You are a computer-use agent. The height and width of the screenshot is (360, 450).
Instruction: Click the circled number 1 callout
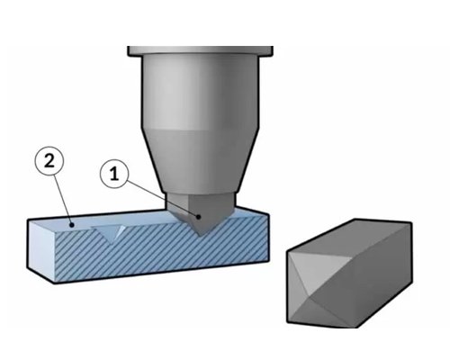114,174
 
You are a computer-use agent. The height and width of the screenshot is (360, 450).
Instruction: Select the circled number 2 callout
49,161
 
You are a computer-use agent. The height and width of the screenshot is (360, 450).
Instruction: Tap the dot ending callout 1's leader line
198,217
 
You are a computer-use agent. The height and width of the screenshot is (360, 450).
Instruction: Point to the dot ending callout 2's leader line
71,224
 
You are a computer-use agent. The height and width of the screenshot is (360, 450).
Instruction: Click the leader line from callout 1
162,199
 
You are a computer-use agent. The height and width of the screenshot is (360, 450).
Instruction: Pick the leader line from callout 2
63,199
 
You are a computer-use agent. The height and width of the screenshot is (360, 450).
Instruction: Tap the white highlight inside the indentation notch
121,230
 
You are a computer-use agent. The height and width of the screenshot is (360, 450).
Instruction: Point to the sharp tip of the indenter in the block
201,237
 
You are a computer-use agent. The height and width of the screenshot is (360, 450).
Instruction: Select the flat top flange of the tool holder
200,50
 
